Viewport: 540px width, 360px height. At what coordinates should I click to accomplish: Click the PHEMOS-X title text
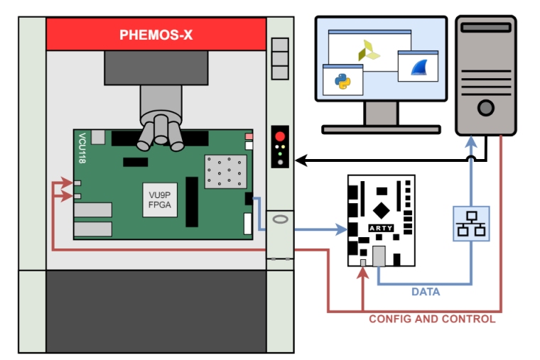(x=156, y=34)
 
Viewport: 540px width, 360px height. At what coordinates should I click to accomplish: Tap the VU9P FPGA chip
(x=156, y=199)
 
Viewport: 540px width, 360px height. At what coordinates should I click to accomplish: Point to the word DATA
(x=426, y=292)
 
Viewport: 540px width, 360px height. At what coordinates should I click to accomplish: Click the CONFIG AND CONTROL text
(x=432, y=319)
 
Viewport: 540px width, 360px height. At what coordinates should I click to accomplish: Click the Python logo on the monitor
(x=342, y=82)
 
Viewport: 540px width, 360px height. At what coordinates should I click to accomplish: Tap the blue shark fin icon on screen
(x=418, y=68)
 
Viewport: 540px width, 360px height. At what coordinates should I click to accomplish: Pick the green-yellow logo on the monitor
(x=369, y=50)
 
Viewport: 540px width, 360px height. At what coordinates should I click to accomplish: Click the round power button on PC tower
(x=485, y=108)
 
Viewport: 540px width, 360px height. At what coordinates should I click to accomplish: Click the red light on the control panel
(x=281, y=136)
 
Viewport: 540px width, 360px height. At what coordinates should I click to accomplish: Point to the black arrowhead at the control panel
(x=300, y=160)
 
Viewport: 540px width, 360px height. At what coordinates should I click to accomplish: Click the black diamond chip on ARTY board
(x=382, y=210)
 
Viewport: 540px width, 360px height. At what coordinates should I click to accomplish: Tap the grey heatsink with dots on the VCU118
(x=225, y=172)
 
